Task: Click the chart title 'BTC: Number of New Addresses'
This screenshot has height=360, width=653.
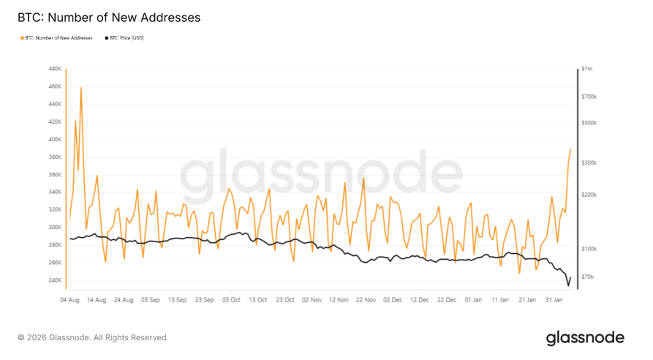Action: pos(108,17)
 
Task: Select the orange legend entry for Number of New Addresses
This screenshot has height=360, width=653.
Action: pos(58,37)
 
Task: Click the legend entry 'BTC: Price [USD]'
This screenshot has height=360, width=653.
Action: pos(127,37)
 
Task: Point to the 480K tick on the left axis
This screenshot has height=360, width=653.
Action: pos(55,69)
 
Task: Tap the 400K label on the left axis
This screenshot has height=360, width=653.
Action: pos(55,139)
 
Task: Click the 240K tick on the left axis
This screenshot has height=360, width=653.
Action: pos(55,280)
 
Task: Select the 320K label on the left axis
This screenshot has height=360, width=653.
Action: pos(55,210)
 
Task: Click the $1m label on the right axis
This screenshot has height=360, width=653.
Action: pos(586,69)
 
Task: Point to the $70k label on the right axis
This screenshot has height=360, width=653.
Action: pos(588,277)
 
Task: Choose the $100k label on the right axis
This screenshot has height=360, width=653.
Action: pos(589,249)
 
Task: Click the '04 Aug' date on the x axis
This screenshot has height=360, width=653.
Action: pos(69,299)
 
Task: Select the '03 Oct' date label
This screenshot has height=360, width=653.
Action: pos(231,299)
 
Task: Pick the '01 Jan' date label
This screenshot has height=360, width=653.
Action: pos(474,299)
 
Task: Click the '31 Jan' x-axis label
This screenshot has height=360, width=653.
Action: pos(555,299)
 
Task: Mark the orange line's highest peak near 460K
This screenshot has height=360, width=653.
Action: pos(81,88)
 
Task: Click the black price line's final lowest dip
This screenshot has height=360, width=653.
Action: pos(568,285)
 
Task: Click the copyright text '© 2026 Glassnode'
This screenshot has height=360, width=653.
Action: pos(93,337)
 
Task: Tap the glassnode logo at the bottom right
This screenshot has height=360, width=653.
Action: pos(585,337)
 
